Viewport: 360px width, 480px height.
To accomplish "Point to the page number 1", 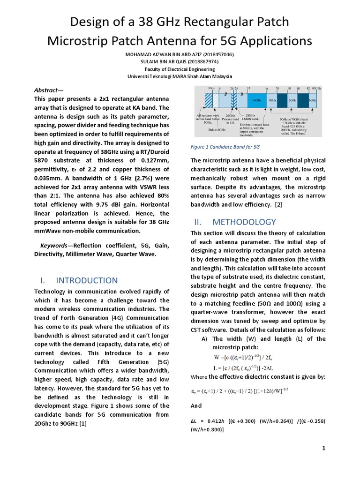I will pos(323,449).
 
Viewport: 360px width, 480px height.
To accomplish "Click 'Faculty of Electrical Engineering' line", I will pos(180,69).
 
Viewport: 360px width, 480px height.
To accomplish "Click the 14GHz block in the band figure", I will pos(256,100).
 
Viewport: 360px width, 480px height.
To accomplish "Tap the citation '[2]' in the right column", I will pos(278,205).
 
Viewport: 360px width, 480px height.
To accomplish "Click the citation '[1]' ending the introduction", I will pos(83,423).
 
